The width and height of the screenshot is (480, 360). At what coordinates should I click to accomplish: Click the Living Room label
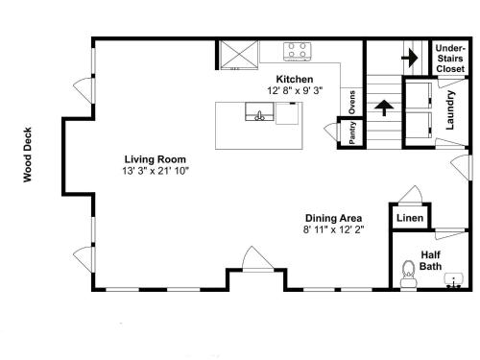click(155, 159)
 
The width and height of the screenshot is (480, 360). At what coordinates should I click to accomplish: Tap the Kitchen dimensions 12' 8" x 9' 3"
click(295, 90)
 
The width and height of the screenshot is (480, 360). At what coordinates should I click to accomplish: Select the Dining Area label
click(333, 218)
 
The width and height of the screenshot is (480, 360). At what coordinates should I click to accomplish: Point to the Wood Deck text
click(28, 155)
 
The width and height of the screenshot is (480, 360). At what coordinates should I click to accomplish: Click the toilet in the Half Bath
click(408, 274)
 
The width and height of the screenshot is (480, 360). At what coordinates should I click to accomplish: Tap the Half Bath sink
click(454, 280)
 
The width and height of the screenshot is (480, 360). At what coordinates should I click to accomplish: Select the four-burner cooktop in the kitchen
click(298, 51)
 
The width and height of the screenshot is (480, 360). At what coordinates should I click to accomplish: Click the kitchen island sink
click(259, 111)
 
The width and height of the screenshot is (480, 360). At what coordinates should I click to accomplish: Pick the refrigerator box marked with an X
click(239, 55)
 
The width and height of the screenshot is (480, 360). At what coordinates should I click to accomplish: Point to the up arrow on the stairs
click(384, 108)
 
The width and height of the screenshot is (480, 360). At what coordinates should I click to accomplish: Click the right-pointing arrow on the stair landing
click(410, 58)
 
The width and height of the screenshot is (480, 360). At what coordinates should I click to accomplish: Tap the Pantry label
click(352, 132)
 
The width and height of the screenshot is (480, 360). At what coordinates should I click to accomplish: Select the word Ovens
click(352, 103)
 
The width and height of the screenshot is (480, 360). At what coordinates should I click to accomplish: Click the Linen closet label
click(410, 218)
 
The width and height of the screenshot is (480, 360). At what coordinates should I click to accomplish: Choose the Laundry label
click(450, 110)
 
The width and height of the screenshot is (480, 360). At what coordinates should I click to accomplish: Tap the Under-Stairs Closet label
click(450, 59)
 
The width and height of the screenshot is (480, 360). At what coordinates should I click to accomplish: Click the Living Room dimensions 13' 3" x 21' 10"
click(156, 171)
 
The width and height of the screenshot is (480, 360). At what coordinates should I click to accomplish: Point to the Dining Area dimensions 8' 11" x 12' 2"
click(334, 229)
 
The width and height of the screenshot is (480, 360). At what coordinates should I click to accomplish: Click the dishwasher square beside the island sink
click(287, 113)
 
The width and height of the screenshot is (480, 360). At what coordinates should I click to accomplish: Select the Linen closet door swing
click(411, 194)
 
